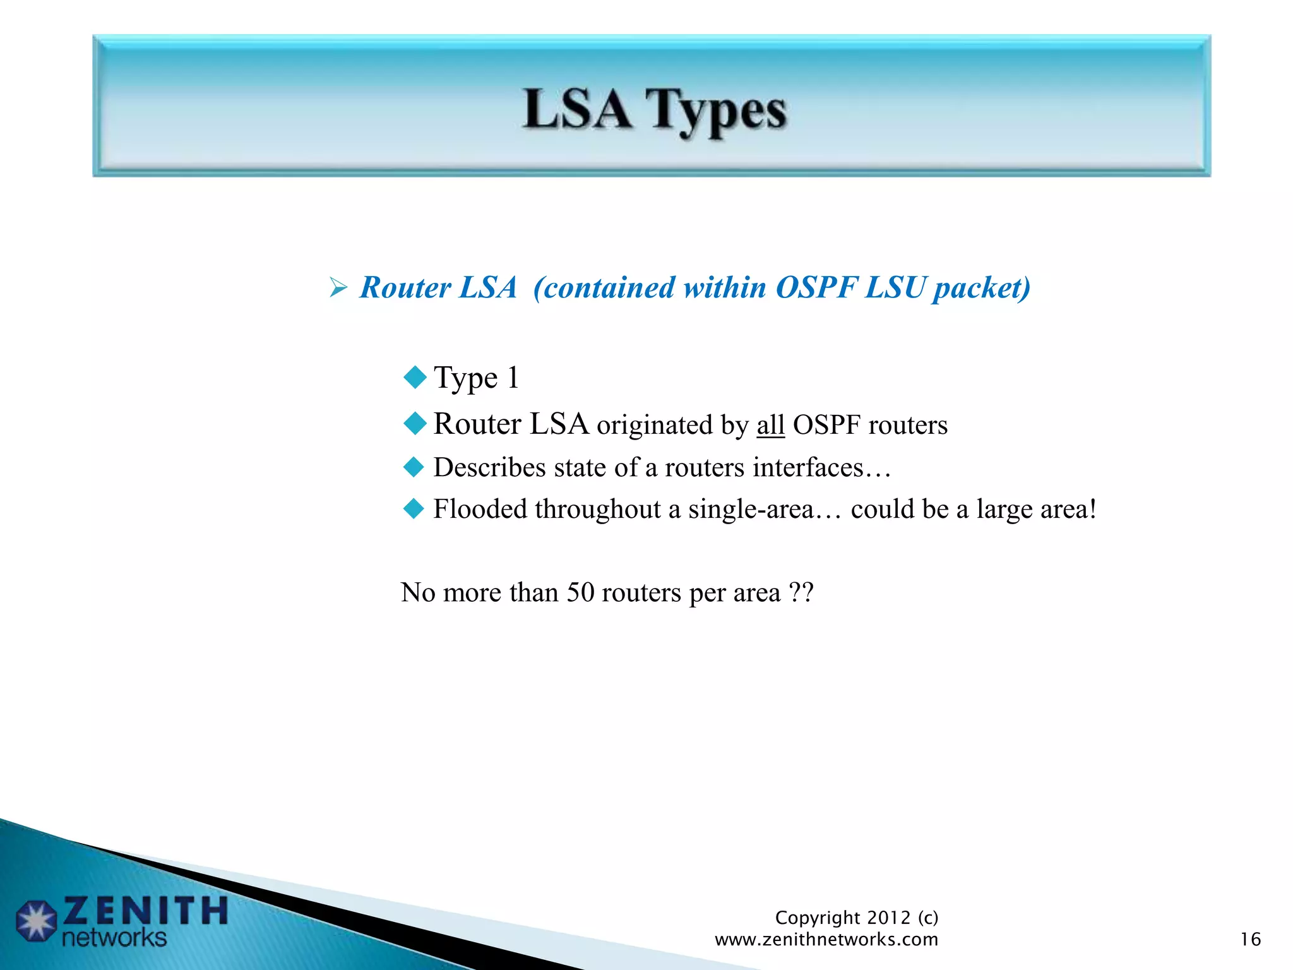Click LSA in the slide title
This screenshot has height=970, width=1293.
coord(577,109)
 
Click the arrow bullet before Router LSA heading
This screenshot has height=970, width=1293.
coord(338,289)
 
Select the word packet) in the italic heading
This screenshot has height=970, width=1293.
coord(981,288)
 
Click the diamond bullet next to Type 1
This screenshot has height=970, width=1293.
coord(415,378)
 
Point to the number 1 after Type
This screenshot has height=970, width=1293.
coord(513,378)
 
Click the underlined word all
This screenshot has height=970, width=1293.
coord(770,425)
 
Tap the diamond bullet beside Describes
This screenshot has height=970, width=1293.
coord(414,467)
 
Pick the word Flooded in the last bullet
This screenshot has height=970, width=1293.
coord(480,509)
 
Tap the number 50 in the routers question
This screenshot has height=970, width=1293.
coord(580,592)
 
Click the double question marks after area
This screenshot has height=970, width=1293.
coord(801,592)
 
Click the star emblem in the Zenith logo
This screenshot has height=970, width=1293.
coord(36,921)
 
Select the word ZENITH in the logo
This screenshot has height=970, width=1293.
coord(145,911)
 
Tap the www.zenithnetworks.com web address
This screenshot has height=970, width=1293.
coord(826,940)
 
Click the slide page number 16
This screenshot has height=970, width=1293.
coord(1250,940)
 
